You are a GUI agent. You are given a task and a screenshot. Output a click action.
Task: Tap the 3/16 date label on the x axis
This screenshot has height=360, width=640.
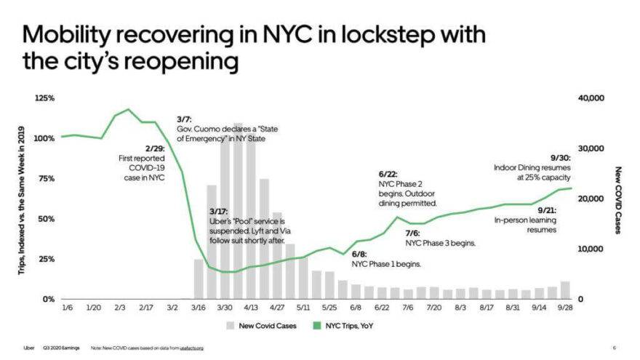pyautogui.click(x=198, y=308)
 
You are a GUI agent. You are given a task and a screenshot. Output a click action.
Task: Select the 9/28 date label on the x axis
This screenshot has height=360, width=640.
pyautogui.click(x=565, y=308)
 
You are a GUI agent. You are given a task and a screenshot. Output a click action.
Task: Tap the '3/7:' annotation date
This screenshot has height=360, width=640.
pyautogui.click(x=184, y=119)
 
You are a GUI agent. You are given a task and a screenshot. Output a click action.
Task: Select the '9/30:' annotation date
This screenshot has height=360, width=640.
pyautogui.click(x=560, y=157)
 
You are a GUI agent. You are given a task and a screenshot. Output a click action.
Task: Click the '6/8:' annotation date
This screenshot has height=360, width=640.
pyautogui.click(x=359, y=255)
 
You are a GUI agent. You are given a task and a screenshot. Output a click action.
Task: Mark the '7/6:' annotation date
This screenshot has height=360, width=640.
pyautogui.click(x=413, y=233)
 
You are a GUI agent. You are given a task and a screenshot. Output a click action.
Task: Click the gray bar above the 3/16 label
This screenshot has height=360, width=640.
pyautogui.click(x=199, y=279)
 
